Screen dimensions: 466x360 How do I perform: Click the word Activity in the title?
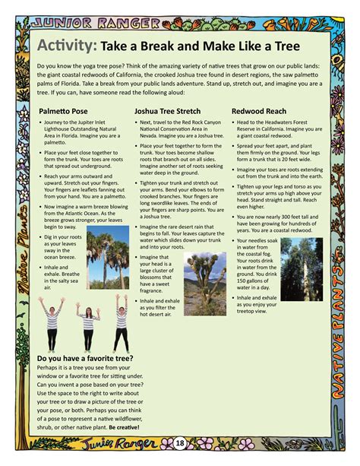65,46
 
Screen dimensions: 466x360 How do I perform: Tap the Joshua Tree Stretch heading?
167,110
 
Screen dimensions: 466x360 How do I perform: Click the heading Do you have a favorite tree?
85,357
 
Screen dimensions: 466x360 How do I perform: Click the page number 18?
180,442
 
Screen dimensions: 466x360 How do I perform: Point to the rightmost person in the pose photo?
120,321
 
